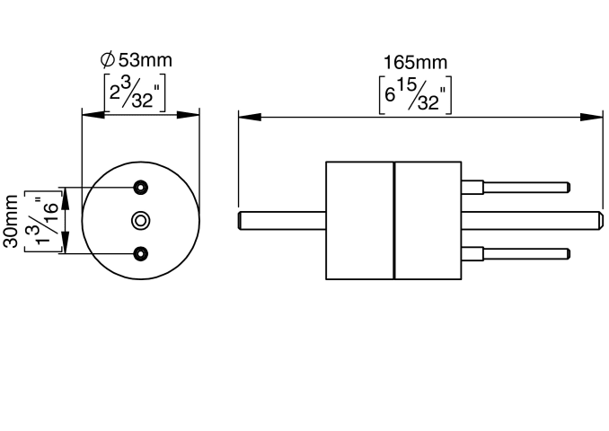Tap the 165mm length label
[x=416, y=63]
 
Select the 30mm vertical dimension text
[x=11, y=221]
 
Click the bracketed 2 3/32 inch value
[x=135, y=92]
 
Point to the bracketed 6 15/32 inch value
[x=415, y=95]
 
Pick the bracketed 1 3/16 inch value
[x=43, y=221]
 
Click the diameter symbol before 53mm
[x=108, y=60]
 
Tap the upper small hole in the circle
[x=141, y=188]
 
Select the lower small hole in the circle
[x=141, y=253]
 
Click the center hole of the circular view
[x=141, y=221]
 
